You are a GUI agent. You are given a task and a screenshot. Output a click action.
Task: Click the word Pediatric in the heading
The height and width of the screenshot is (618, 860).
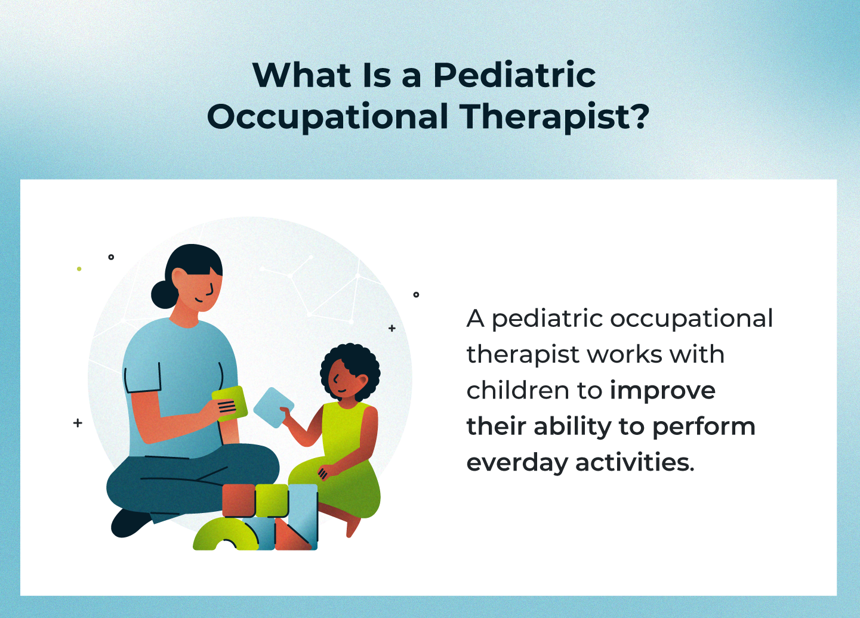click(514, 76)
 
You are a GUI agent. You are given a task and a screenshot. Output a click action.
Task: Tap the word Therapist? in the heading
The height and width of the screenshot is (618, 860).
click(554, 117)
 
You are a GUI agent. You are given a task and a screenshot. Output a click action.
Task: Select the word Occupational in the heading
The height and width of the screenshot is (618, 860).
click(328, 117)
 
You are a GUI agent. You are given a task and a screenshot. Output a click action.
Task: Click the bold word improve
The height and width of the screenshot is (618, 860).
click(662, 391)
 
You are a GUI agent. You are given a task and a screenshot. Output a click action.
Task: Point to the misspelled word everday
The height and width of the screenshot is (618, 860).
click(517, 463)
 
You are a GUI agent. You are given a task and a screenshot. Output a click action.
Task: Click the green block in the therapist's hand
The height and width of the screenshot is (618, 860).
click(230, 404)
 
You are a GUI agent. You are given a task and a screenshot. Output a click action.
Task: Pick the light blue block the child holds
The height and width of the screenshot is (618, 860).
click(272, 407)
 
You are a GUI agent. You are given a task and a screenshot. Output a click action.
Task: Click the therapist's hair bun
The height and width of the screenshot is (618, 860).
click(162, 294)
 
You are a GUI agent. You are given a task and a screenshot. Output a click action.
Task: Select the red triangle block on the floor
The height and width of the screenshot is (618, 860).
click(289, 536)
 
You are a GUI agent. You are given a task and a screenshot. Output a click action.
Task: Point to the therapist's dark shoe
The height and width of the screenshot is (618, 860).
click(128, 523)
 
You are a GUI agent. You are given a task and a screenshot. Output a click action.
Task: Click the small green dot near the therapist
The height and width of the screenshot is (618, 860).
click(79, 269)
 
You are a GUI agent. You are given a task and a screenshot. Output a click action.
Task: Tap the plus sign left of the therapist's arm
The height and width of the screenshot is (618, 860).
click(78, 423)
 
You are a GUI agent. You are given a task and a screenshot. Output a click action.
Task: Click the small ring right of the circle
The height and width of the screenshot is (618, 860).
click(416, 295)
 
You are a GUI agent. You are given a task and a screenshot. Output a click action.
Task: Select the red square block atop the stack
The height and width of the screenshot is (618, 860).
click(239, 500)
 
